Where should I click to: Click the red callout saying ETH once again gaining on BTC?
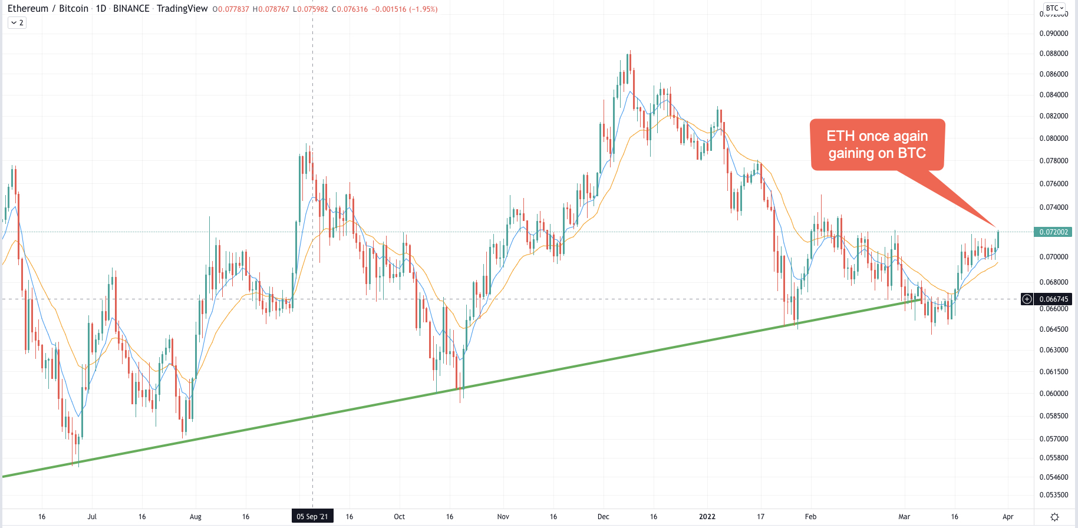click(877, 144)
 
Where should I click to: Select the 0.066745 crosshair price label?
click(1053, 299)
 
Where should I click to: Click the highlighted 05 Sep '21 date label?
click(312, 517)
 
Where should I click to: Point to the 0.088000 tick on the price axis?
click(1053, 54)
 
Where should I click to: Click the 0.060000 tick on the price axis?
click(1053, 394)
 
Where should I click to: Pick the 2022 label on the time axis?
click(707, 517)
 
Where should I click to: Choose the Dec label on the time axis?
click(603, 517)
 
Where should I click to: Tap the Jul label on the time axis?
click(92, 517)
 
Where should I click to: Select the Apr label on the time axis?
click(1008, 517)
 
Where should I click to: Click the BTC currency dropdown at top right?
click(1054, 8)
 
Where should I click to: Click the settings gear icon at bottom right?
click(1054, 517)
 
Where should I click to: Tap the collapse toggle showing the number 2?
click(17, 22)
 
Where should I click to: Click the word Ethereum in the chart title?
click(28, 9)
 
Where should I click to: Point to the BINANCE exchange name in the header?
click(131, 9)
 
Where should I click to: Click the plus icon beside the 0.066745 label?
click(1027, 299)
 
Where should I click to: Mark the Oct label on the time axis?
click(399, 517)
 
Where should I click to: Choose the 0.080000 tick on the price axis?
click(1053, 138)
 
